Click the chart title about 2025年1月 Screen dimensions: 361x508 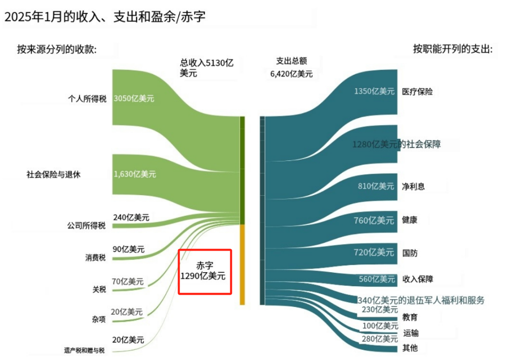105,17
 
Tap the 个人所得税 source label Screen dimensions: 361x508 87,100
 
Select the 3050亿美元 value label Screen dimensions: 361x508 134,98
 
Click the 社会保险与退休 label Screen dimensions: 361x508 53,174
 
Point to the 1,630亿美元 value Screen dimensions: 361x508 135,174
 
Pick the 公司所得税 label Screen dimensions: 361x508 86,226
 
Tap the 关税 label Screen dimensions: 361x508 99,289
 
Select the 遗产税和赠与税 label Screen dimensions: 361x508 84,350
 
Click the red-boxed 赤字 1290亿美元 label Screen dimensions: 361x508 205,271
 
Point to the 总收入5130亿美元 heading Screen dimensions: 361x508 206,68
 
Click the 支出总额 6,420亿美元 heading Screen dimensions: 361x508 291,67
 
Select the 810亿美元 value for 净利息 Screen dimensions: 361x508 376,186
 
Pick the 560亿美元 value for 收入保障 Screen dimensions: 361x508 377,279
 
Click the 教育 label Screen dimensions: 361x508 410,317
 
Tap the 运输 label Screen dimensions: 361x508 411,333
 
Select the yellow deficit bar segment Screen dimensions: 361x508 242,264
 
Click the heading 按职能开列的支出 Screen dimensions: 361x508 452,49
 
